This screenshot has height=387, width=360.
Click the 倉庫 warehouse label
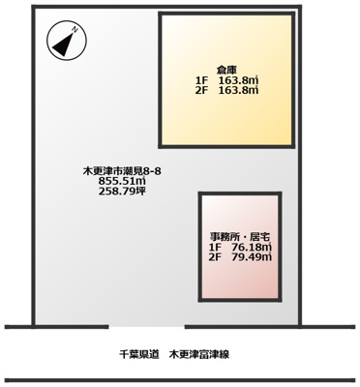(227, 69)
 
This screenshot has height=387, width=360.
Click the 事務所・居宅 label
(239, 237)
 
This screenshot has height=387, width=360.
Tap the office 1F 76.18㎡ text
(239, 248)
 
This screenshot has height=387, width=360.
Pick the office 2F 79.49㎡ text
(239, 258)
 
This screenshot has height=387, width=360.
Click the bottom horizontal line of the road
(180, 380)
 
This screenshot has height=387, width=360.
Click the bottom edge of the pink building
(239, 303)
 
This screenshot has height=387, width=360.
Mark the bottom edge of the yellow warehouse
(227, 147)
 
